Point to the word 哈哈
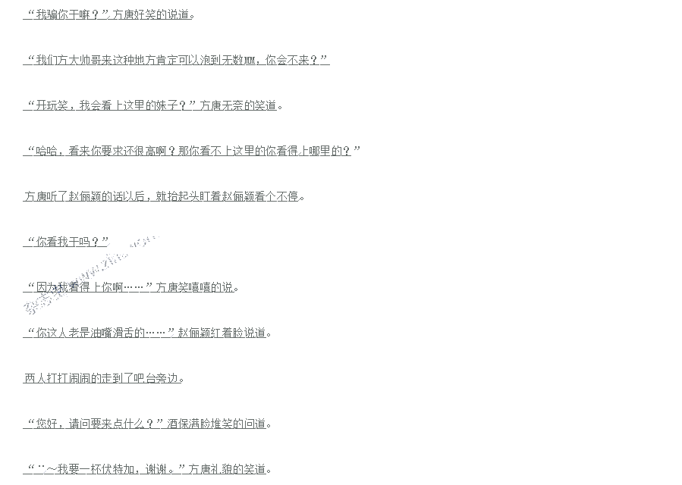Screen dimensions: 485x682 [46, 151]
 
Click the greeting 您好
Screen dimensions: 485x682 [46, 424]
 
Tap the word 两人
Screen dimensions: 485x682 [35, 378]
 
